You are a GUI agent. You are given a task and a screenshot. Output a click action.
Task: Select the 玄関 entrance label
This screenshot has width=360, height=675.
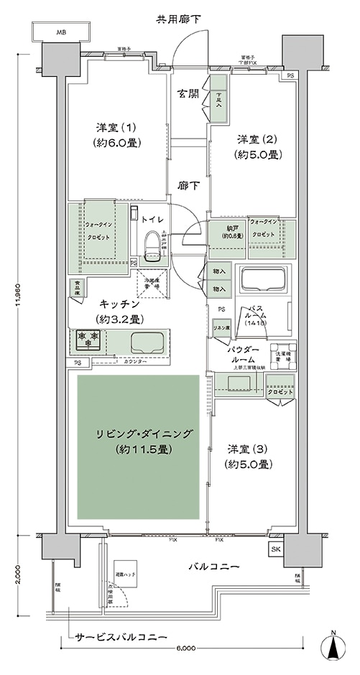coord(190,94)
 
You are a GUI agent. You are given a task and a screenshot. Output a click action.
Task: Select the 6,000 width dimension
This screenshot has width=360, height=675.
coord(184,648)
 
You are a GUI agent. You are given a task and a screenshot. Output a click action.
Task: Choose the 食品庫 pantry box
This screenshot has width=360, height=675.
coord(77,287)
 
